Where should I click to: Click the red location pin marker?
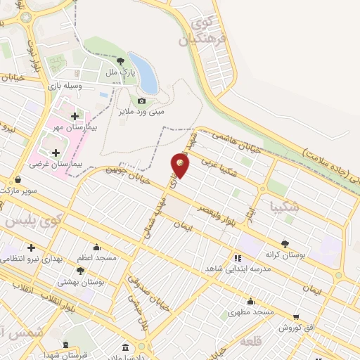click(x=180, y=165)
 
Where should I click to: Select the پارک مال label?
click(x=120, y=72)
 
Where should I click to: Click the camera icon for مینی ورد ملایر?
click(x=142, y=101)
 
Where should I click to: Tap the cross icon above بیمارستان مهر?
click(x=75, y=116)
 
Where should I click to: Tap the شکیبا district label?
click(x=285, y=207)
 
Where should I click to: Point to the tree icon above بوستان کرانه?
click(x=284, y=244)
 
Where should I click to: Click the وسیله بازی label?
click(x=79, y=85)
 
